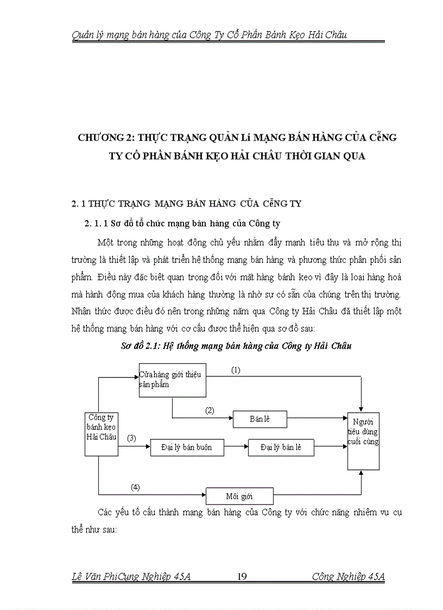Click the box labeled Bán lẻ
pos(260,419)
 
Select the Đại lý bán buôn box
pos(186,448)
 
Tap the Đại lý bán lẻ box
pos(280,448)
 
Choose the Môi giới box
pos(239,496)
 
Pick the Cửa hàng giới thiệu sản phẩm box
pos(172,379)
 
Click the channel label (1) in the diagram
pos(235,370)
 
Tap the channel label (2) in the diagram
pos(210,411)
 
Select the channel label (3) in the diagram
pos(131,438)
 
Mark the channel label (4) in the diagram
pos(135,487)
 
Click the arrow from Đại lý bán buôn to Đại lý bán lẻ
pos(236,448)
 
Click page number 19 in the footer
pos(243,577)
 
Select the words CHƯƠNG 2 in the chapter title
pos(104,137)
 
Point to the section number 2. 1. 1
pos(97,223)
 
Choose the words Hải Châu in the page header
pos(327,35)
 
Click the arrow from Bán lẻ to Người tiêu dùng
pos(317,419)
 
